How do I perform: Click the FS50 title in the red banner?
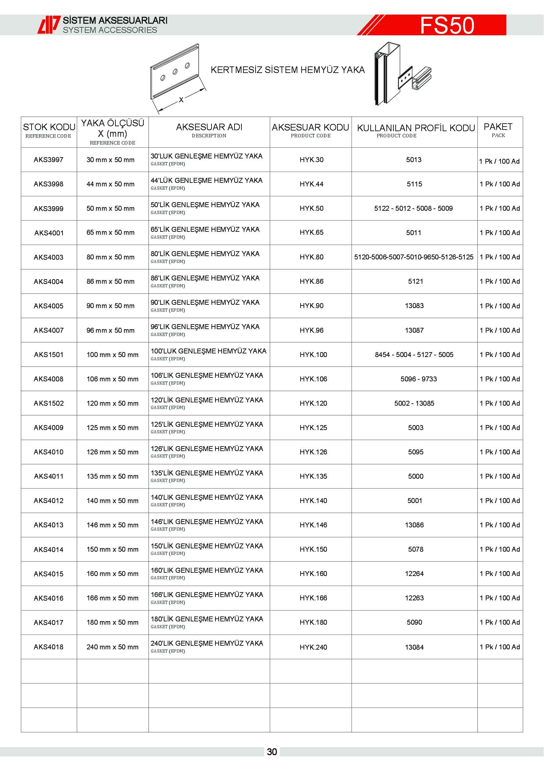[x=447, y=25]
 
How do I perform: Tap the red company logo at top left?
[x=49, y=25]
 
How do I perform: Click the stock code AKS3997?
[x=49, y=160]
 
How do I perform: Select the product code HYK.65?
[x=311, y=232]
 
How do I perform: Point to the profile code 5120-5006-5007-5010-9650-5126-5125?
[x=414, y=257]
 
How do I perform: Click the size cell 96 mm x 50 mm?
[x=111, y=330]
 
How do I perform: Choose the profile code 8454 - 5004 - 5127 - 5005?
[x=414, y=355]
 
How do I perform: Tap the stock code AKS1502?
[x=49, y=403]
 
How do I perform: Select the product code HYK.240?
[x=313, y=647]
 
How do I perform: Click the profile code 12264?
[x=414, y=574]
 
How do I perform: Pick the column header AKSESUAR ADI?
[x=209, y=128]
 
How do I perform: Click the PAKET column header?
[x=498, y=127]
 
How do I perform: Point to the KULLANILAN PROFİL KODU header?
[x=416, y=128]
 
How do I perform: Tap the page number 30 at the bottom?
[x=272, y=752]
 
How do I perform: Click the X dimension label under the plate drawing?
[x=181, y=100]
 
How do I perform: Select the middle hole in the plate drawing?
[x=175, y=72]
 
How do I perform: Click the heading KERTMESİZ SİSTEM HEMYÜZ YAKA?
[x=287, y=70]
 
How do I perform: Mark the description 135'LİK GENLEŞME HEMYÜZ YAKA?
[x=207, y=473]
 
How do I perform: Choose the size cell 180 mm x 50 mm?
[x=112, y=622]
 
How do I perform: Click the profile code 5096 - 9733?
[x=419, y=379]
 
